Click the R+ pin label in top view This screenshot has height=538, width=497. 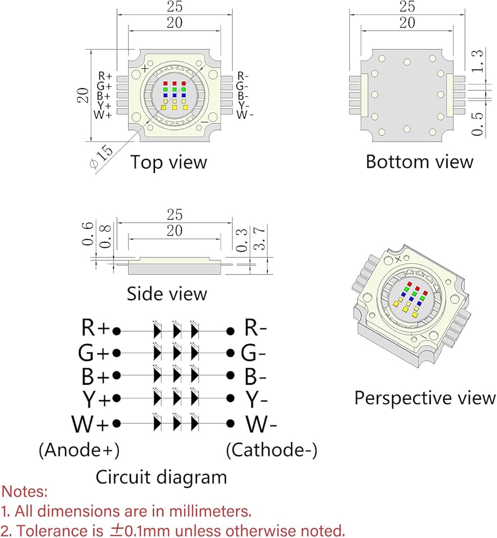pos(105,76)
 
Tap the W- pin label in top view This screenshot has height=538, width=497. pos(245,115)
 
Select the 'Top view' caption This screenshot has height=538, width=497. pos(168,162)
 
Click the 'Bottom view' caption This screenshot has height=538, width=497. pos(420,161)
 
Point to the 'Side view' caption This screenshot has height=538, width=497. pos(167,294)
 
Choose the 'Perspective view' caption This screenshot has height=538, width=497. pos(425,398)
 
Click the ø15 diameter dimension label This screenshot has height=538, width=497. pos(101,157)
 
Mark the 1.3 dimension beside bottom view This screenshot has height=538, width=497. pos(477,61)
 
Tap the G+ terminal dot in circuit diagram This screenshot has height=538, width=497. pos(117,353)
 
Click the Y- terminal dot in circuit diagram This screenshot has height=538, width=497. pos(231,399)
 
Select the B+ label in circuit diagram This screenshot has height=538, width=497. pos(95,376)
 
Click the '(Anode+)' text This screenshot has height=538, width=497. pos(79,450)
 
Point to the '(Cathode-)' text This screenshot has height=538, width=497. pos(272,450)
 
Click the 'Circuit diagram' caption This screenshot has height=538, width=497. pos(161,477)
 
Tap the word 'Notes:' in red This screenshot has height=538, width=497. pos(24,491)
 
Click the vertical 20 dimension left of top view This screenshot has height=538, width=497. pos(83,95)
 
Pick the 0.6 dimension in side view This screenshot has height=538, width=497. pos(88,233)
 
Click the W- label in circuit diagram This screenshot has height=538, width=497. pos(261,424)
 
